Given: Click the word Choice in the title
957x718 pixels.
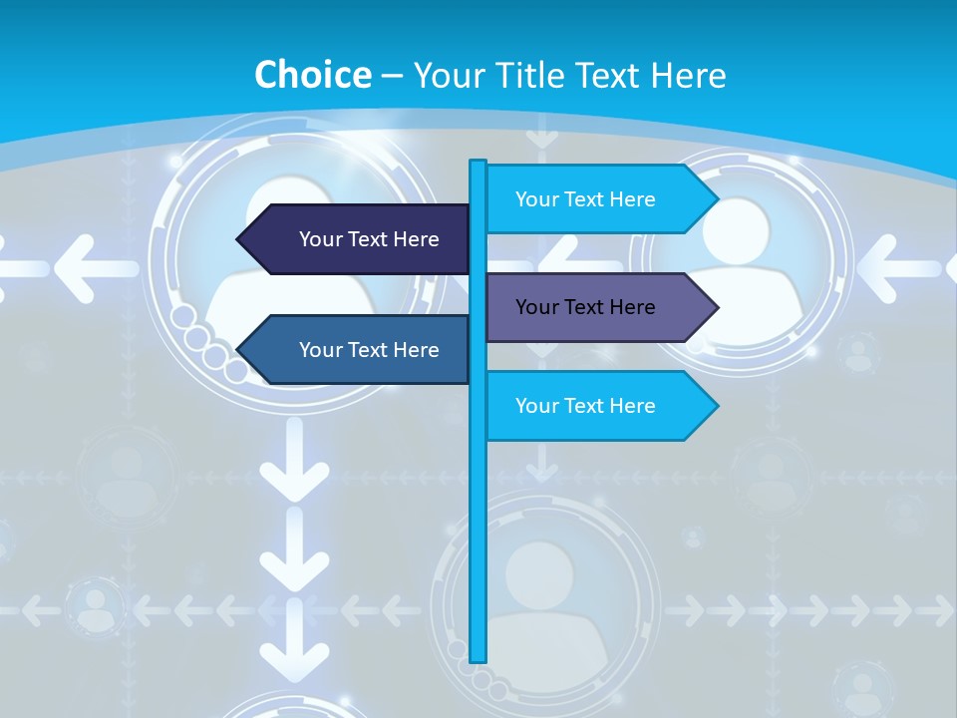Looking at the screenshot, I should [312, 75].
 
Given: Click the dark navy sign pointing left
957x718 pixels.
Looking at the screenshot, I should [359, 239].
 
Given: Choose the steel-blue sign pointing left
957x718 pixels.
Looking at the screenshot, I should [359, 350].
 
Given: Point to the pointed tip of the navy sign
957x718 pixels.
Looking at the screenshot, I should [240, 239].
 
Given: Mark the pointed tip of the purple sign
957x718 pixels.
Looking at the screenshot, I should [715, 307].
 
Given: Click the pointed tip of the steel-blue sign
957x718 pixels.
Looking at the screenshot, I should [240, 350].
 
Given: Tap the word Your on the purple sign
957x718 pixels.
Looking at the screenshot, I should [536, 307].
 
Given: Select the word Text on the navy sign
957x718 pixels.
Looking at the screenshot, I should [369, 239].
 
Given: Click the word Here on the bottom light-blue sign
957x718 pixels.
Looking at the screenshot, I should [631, 406].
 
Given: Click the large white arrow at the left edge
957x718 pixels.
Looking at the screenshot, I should [90, 267].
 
